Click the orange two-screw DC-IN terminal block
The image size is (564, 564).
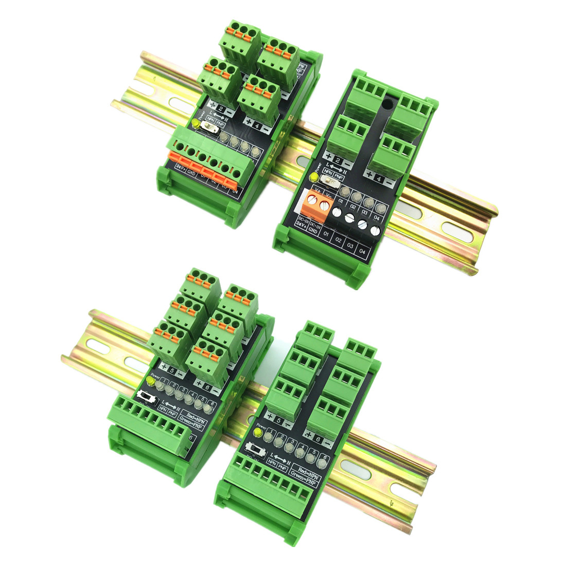[318, 202]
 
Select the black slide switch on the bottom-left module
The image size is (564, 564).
[147, 398]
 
